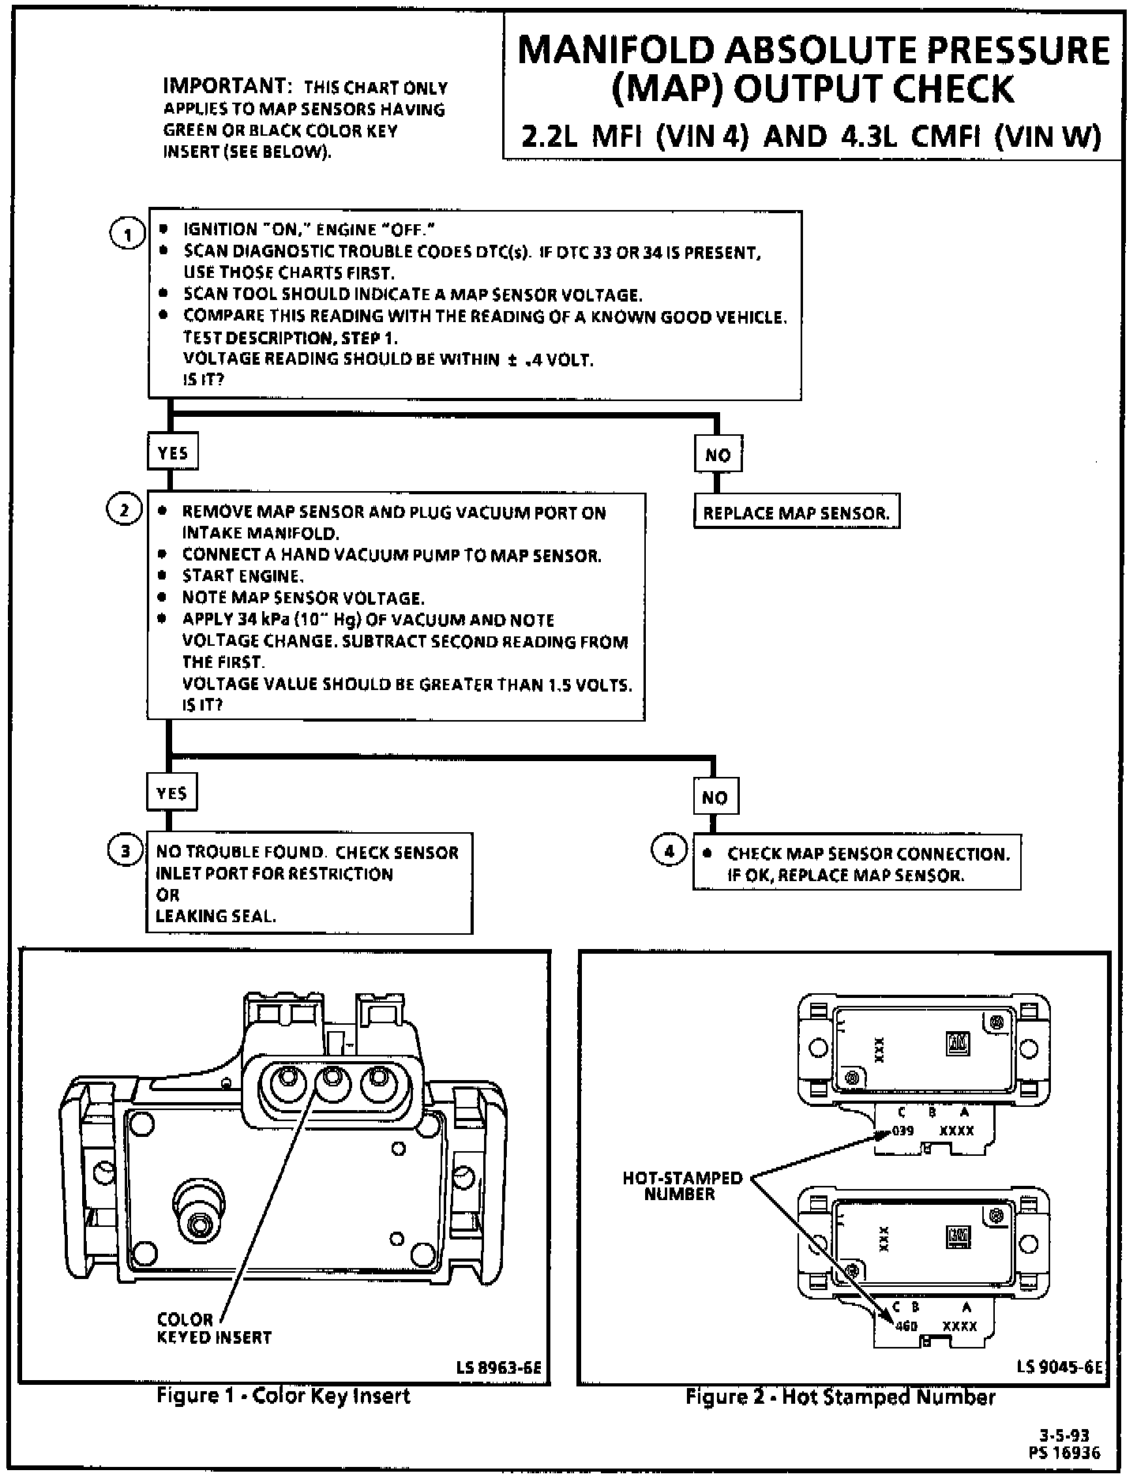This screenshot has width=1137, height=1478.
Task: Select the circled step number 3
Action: tap(125, 851)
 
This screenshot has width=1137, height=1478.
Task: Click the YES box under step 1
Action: tap(173, 452)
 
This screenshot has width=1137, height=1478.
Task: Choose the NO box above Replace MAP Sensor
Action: tap(718, 455)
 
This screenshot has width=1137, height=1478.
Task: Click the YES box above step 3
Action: tap(172, 793)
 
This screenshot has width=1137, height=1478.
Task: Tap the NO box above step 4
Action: tap(715, 797)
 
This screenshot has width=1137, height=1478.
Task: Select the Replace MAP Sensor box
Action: tap(796, 513)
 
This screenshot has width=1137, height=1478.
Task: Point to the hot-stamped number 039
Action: tap(902, 1131)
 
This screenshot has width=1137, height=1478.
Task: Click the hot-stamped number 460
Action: tap(906, 1326)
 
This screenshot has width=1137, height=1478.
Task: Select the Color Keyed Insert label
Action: tap(214, 1328)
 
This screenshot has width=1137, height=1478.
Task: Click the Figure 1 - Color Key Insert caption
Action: tap(283, 1396)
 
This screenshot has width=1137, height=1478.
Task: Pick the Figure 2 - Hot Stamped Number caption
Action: tap(840, 1397)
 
